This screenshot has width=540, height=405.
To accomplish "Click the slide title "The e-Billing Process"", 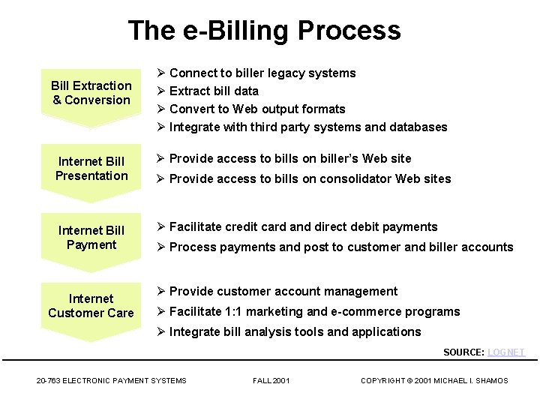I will click(x=264, y=31).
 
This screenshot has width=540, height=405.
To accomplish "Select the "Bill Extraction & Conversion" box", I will click(x=91, y=93).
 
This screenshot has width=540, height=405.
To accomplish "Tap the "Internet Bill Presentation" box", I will click(x=91, y=169).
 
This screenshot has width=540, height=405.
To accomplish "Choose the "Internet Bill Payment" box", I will click(x=91, y=238).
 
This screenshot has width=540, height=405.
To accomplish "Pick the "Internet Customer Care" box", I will click(x=91, y=306).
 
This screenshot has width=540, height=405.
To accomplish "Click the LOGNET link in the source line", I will click(x=506, y=352).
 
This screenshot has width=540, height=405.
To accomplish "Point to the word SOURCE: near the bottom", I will click(x=463, y=352).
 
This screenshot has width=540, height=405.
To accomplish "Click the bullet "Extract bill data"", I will click(x=214, y=91).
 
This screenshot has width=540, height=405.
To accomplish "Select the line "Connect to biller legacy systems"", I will click(x=262, y=73).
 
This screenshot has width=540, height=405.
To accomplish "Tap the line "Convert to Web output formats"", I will click(x=257, y=109).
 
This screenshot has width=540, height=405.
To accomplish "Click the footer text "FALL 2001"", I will click(x=271, y=381).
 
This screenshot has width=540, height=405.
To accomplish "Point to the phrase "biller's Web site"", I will click(x=366, y=158).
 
